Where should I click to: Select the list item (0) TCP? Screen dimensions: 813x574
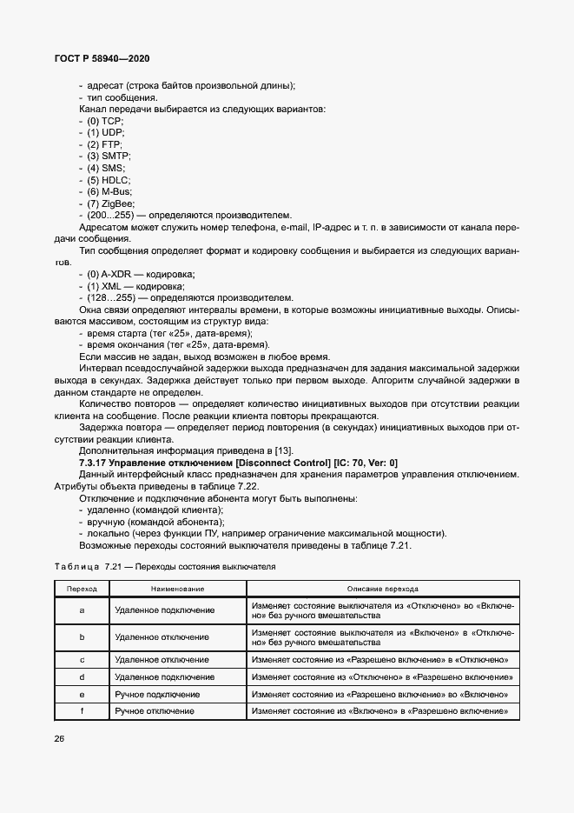[x=105, y=120]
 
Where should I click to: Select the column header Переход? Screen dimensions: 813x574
[x=82, y=589]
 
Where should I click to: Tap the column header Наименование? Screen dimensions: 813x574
[x=177, y=589]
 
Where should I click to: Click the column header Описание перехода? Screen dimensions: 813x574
[x=382, y=589]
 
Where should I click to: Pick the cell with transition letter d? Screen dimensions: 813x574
[x=82, y=676]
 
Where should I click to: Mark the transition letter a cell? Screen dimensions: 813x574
[x=82, y=610]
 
